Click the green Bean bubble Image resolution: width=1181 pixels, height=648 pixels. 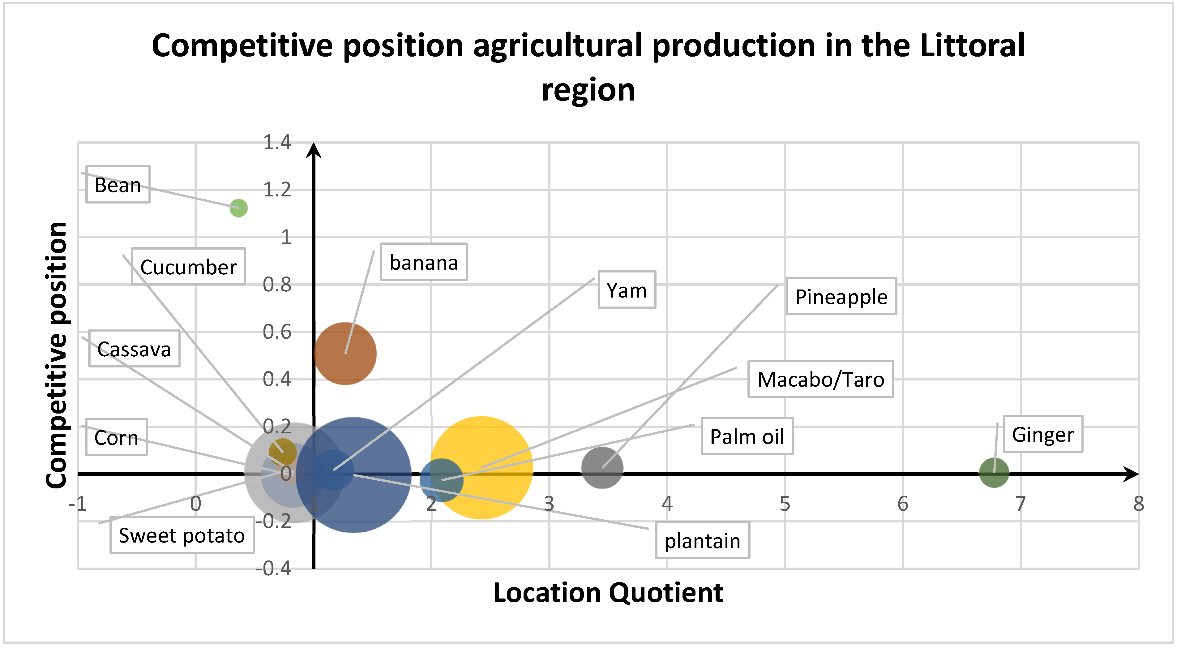238,208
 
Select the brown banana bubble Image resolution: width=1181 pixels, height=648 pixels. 345,354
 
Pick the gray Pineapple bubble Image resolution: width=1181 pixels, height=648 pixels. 602,468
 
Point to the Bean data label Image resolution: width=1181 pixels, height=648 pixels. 118,185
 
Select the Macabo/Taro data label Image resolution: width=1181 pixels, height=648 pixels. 821,379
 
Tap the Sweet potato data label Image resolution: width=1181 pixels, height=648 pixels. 182,535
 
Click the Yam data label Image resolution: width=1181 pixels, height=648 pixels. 627,290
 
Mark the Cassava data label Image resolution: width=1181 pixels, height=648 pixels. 134,349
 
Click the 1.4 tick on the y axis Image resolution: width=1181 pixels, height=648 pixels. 277,143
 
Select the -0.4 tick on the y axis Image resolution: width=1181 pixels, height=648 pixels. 273,569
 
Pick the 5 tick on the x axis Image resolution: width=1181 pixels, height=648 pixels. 785,504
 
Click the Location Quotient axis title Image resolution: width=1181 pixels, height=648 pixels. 608,593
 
